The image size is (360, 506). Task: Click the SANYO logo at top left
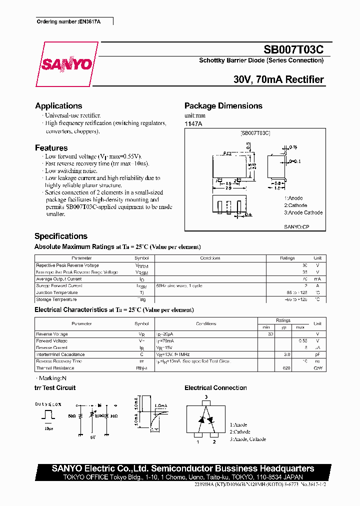pyautogui.click(x=66, y=64)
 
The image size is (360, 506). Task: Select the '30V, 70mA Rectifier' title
pyautogui.click(x=278, y=79)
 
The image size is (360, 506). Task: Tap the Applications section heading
pyautogui.click(x=58, y=105)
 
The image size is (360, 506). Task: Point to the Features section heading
pyautogui.click(x=51, y=147)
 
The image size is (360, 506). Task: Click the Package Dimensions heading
pyautogui.click(x=223, y=105)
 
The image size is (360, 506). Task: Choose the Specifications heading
pyautogui.click(x=61, y=236)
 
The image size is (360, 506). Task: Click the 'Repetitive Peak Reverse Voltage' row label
pyautogui.click(x=67, y=265)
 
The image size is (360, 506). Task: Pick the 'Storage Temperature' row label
pyautogui.click(x=56, y=299)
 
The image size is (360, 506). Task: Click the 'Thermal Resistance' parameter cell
pyautogui.click(x=55, y=368)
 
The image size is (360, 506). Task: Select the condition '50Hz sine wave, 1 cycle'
pyautogui.click(x=179, y=286)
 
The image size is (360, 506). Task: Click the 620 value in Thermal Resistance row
pyautogui.click(x=286, y=368)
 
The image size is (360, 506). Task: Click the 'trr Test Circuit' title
pyautogui.click(x=55, y=388)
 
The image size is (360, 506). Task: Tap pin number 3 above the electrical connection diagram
pyautogui.click(x=205, y=397)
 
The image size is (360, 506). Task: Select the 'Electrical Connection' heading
pyautogui.click(x=215, y=388)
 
